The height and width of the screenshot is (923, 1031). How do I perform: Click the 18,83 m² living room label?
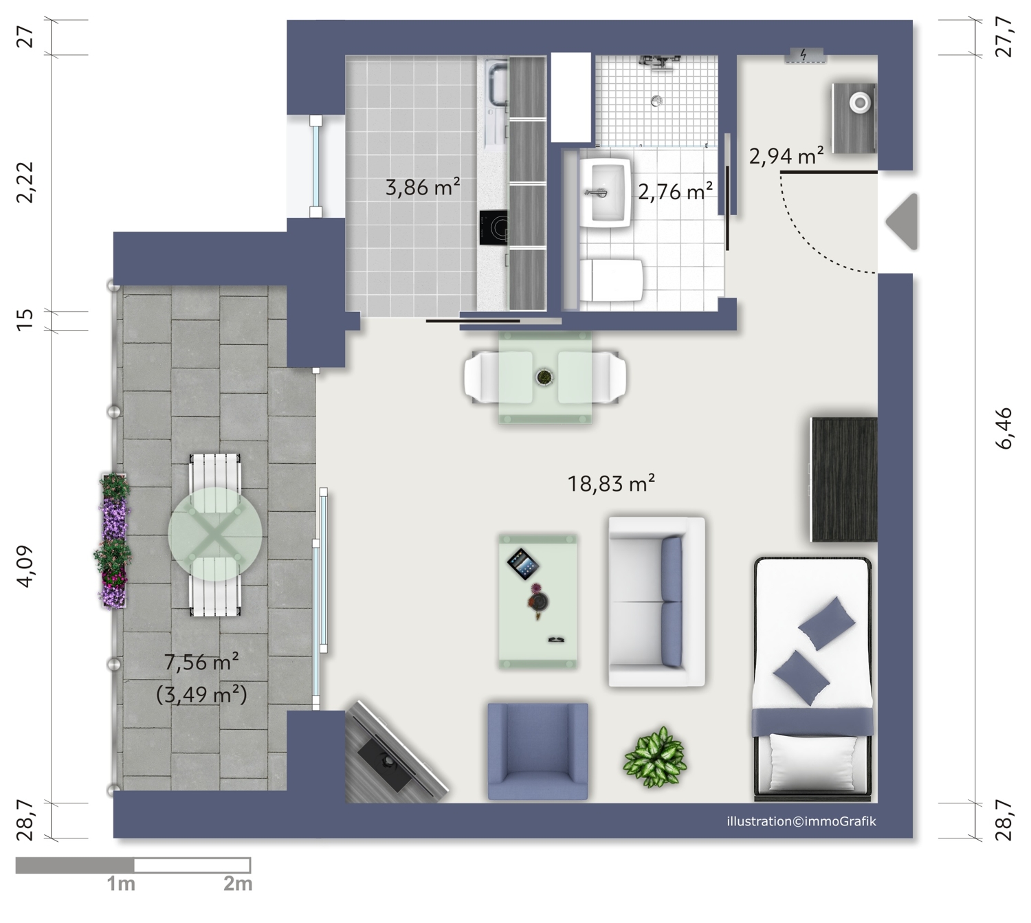(x=610, y=483)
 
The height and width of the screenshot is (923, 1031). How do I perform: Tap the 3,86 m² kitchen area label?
(x=423, y=187)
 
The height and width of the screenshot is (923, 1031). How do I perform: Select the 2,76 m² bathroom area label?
(x=675, y=191)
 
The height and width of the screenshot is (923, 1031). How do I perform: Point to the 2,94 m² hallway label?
(x=786, y=155)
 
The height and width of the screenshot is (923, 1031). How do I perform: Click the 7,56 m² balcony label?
(x=201, y=662)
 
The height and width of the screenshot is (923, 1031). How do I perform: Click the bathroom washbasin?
(x=606, y=192)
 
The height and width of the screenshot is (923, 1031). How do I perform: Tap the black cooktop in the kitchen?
(x=493, y=227)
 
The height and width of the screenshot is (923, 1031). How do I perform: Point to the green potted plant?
(x=656, y=757)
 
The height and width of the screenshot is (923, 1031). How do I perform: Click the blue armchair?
(x=538, y=752)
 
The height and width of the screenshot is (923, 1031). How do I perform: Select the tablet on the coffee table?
(x=523, y=564)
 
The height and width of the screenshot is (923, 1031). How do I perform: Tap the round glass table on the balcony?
(x=215, y=534)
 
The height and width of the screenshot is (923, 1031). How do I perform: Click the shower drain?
(x=657, y=101)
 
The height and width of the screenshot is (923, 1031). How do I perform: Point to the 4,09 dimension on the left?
(x=25, y=566)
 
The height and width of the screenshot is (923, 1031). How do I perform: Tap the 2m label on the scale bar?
(x=238, y=884)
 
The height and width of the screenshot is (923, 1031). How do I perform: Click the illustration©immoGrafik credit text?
(x=801, y=821)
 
